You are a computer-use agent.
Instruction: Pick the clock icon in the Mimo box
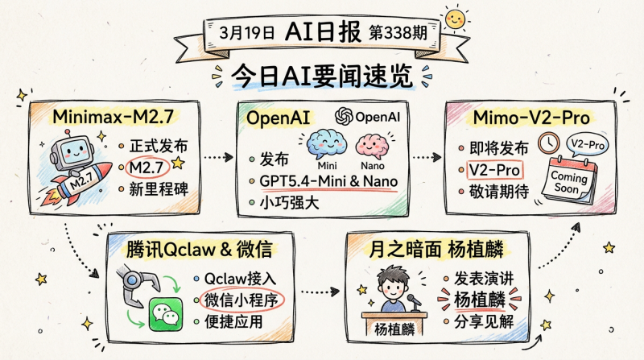pos(550,144)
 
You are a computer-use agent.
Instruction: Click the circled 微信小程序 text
pos(243,300)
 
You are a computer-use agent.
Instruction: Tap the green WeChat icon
pos(167,313)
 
